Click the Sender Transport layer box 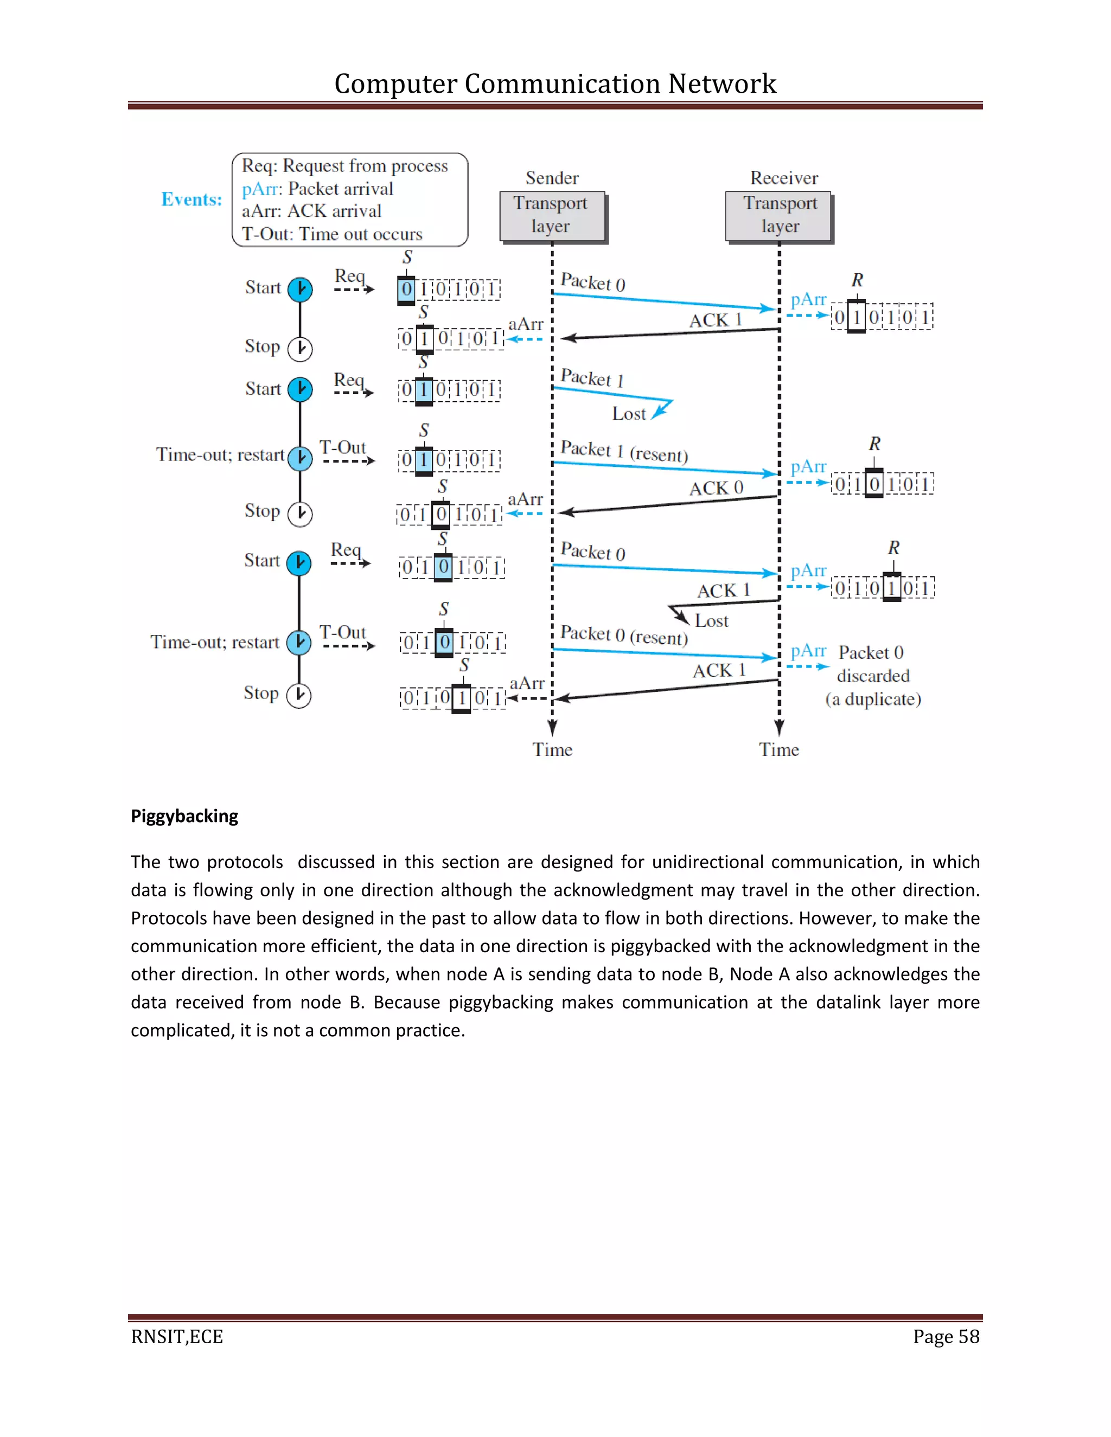point(552,216)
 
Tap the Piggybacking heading point(184,816)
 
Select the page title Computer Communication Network point(555,84)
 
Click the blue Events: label point(191,200)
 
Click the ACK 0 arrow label point(716,487)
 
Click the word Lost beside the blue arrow point(629,414)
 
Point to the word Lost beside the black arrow point(712,620)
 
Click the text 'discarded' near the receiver point(873,676)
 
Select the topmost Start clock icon point(300,290)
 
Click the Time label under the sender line point(552,749)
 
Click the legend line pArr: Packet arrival point(317,189)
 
